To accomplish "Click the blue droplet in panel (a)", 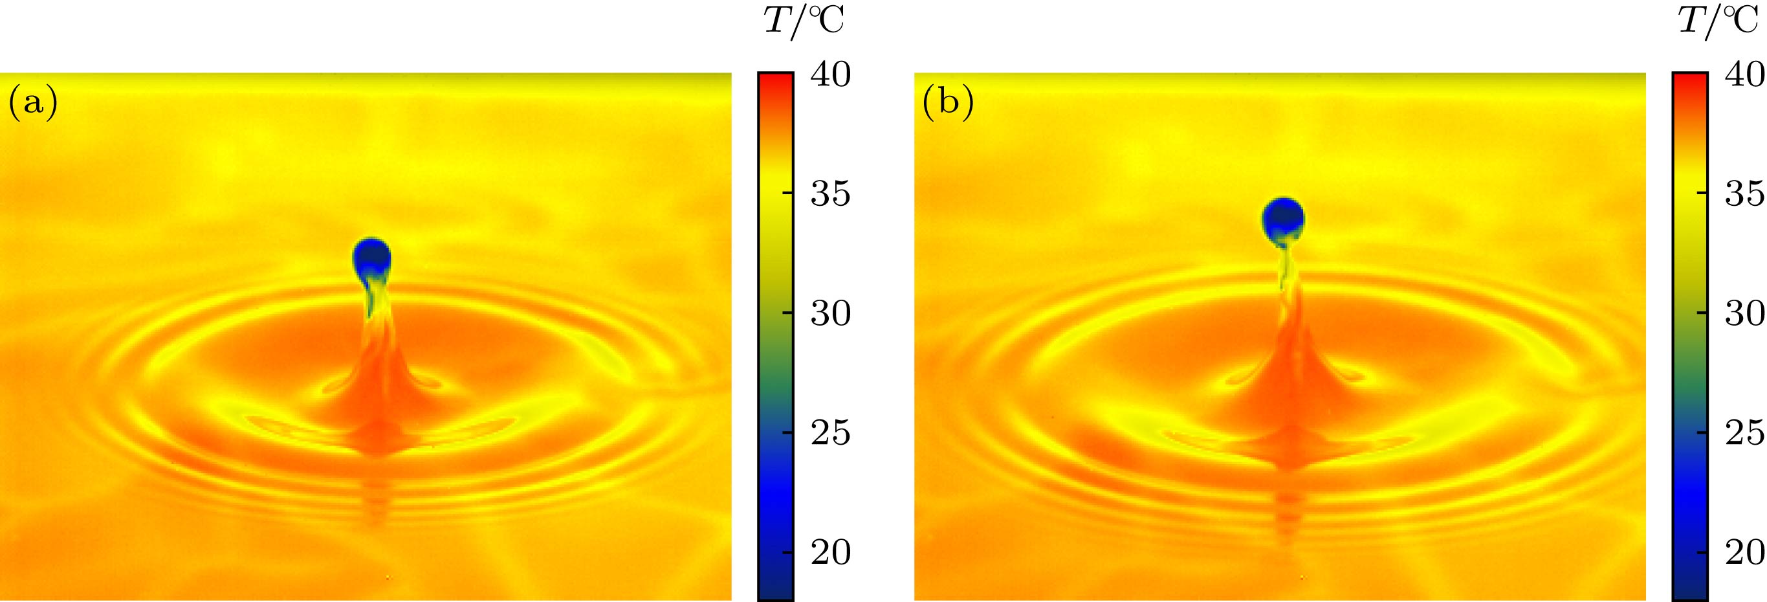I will pos(372,258).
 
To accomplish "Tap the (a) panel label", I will pos(32,104).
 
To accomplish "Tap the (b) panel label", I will pos(947,104).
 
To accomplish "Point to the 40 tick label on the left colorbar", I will pos(831,74).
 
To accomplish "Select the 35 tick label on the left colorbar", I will pos(831,195).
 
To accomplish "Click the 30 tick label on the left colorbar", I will pos(831,314).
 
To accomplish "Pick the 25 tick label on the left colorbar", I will pos(831,433).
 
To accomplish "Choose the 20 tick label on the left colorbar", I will pos(831,553).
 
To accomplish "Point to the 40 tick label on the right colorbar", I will pos(1744,74).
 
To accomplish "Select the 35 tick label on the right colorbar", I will pos(1744,195).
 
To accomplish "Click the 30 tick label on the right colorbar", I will pos(1744,314).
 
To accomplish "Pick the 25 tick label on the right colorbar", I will pos(1744,433).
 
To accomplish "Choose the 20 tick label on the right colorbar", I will pos(1744,553).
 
